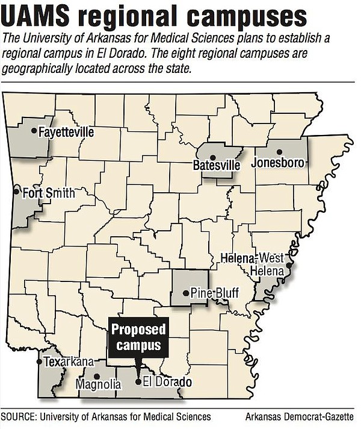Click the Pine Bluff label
[215, 293]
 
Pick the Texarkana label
[69, 362]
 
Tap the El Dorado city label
[167, 383]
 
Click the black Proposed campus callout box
[138, 337]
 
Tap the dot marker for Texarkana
[39, 362]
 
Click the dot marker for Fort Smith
[16, 193]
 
